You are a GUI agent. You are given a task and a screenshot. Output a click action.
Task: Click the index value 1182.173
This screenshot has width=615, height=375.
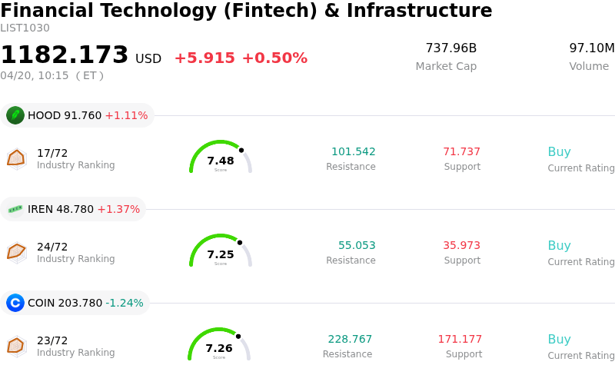[65, 55]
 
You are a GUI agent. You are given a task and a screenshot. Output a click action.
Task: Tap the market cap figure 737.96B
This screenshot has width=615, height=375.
[451, 48]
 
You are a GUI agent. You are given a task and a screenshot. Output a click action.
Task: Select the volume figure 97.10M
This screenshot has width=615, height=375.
[591, 48]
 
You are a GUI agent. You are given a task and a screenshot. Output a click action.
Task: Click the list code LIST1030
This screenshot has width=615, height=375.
[25, 28]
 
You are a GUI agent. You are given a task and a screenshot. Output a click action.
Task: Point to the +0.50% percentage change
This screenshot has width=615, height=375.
[274, 58]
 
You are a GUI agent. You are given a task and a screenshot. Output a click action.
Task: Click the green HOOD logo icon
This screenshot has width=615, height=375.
[15, 115]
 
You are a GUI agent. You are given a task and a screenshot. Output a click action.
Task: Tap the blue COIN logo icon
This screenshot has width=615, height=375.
[15, 303]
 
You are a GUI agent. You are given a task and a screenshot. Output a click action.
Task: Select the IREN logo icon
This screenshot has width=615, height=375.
[15, 209]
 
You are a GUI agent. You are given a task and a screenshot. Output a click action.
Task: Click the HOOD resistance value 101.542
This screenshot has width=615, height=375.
[354, 151]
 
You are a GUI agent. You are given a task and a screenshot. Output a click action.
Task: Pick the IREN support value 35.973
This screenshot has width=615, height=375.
[461, 246]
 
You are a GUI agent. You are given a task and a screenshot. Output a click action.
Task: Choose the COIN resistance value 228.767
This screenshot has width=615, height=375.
[350, 339]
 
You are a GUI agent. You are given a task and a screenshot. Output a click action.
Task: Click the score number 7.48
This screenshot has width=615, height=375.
[221, 161]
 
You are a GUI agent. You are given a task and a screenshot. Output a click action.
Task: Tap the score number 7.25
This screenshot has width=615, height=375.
[221, 254]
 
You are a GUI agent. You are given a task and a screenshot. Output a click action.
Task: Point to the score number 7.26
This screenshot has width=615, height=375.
[219, 348]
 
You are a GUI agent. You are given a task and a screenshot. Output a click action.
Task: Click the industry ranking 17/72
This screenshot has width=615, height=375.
[52, 153]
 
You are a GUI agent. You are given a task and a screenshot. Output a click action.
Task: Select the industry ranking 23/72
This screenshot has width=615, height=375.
[52, 340]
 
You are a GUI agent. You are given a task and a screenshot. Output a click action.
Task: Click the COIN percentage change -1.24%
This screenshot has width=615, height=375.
[125, 303]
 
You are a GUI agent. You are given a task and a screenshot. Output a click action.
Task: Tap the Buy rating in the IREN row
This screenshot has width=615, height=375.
[559, 246]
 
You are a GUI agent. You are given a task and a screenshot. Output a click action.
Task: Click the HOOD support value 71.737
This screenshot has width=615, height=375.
[461, 151]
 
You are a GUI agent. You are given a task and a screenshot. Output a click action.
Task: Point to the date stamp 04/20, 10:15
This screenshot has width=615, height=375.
[35, 75]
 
